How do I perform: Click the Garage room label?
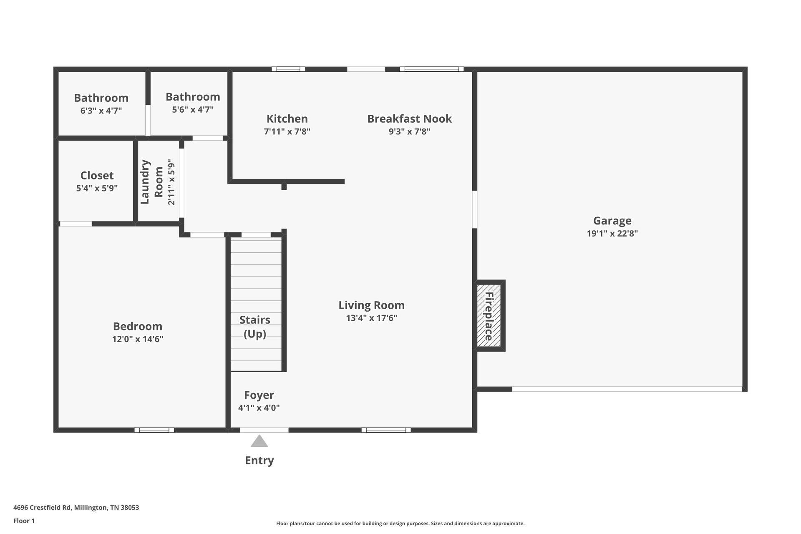[x=612, y=221]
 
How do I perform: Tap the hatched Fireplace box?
[x=489, y=315]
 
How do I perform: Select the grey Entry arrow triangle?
[x=259, y=441]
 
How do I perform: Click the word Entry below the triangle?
[x=259, y=461]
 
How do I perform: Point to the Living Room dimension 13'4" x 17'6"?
[x=371, y=318]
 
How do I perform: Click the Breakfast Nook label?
[x=409, y=119]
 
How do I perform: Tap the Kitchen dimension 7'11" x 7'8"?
[x=287, y=131]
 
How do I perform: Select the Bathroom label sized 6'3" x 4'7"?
[x=101, y=98]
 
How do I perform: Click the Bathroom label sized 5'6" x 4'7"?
[x=193, y=97]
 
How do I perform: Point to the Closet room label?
[x=97, y=176]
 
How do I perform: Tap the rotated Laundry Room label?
[x=151, y=182]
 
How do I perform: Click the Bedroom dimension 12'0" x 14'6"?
[x=138, y=339]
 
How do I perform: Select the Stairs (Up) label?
[x=255, y=327]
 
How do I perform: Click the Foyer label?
[x=259, y=395]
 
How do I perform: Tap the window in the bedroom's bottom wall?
[x=154, y=430]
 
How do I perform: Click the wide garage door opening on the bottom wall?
[x=627, y=389]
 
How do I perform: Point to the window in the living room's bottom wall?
[x=386, y=430]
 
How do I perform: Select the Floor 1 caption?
[x=24, y=521]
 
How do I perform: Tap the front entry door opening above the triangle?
[x=264, y=430]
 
